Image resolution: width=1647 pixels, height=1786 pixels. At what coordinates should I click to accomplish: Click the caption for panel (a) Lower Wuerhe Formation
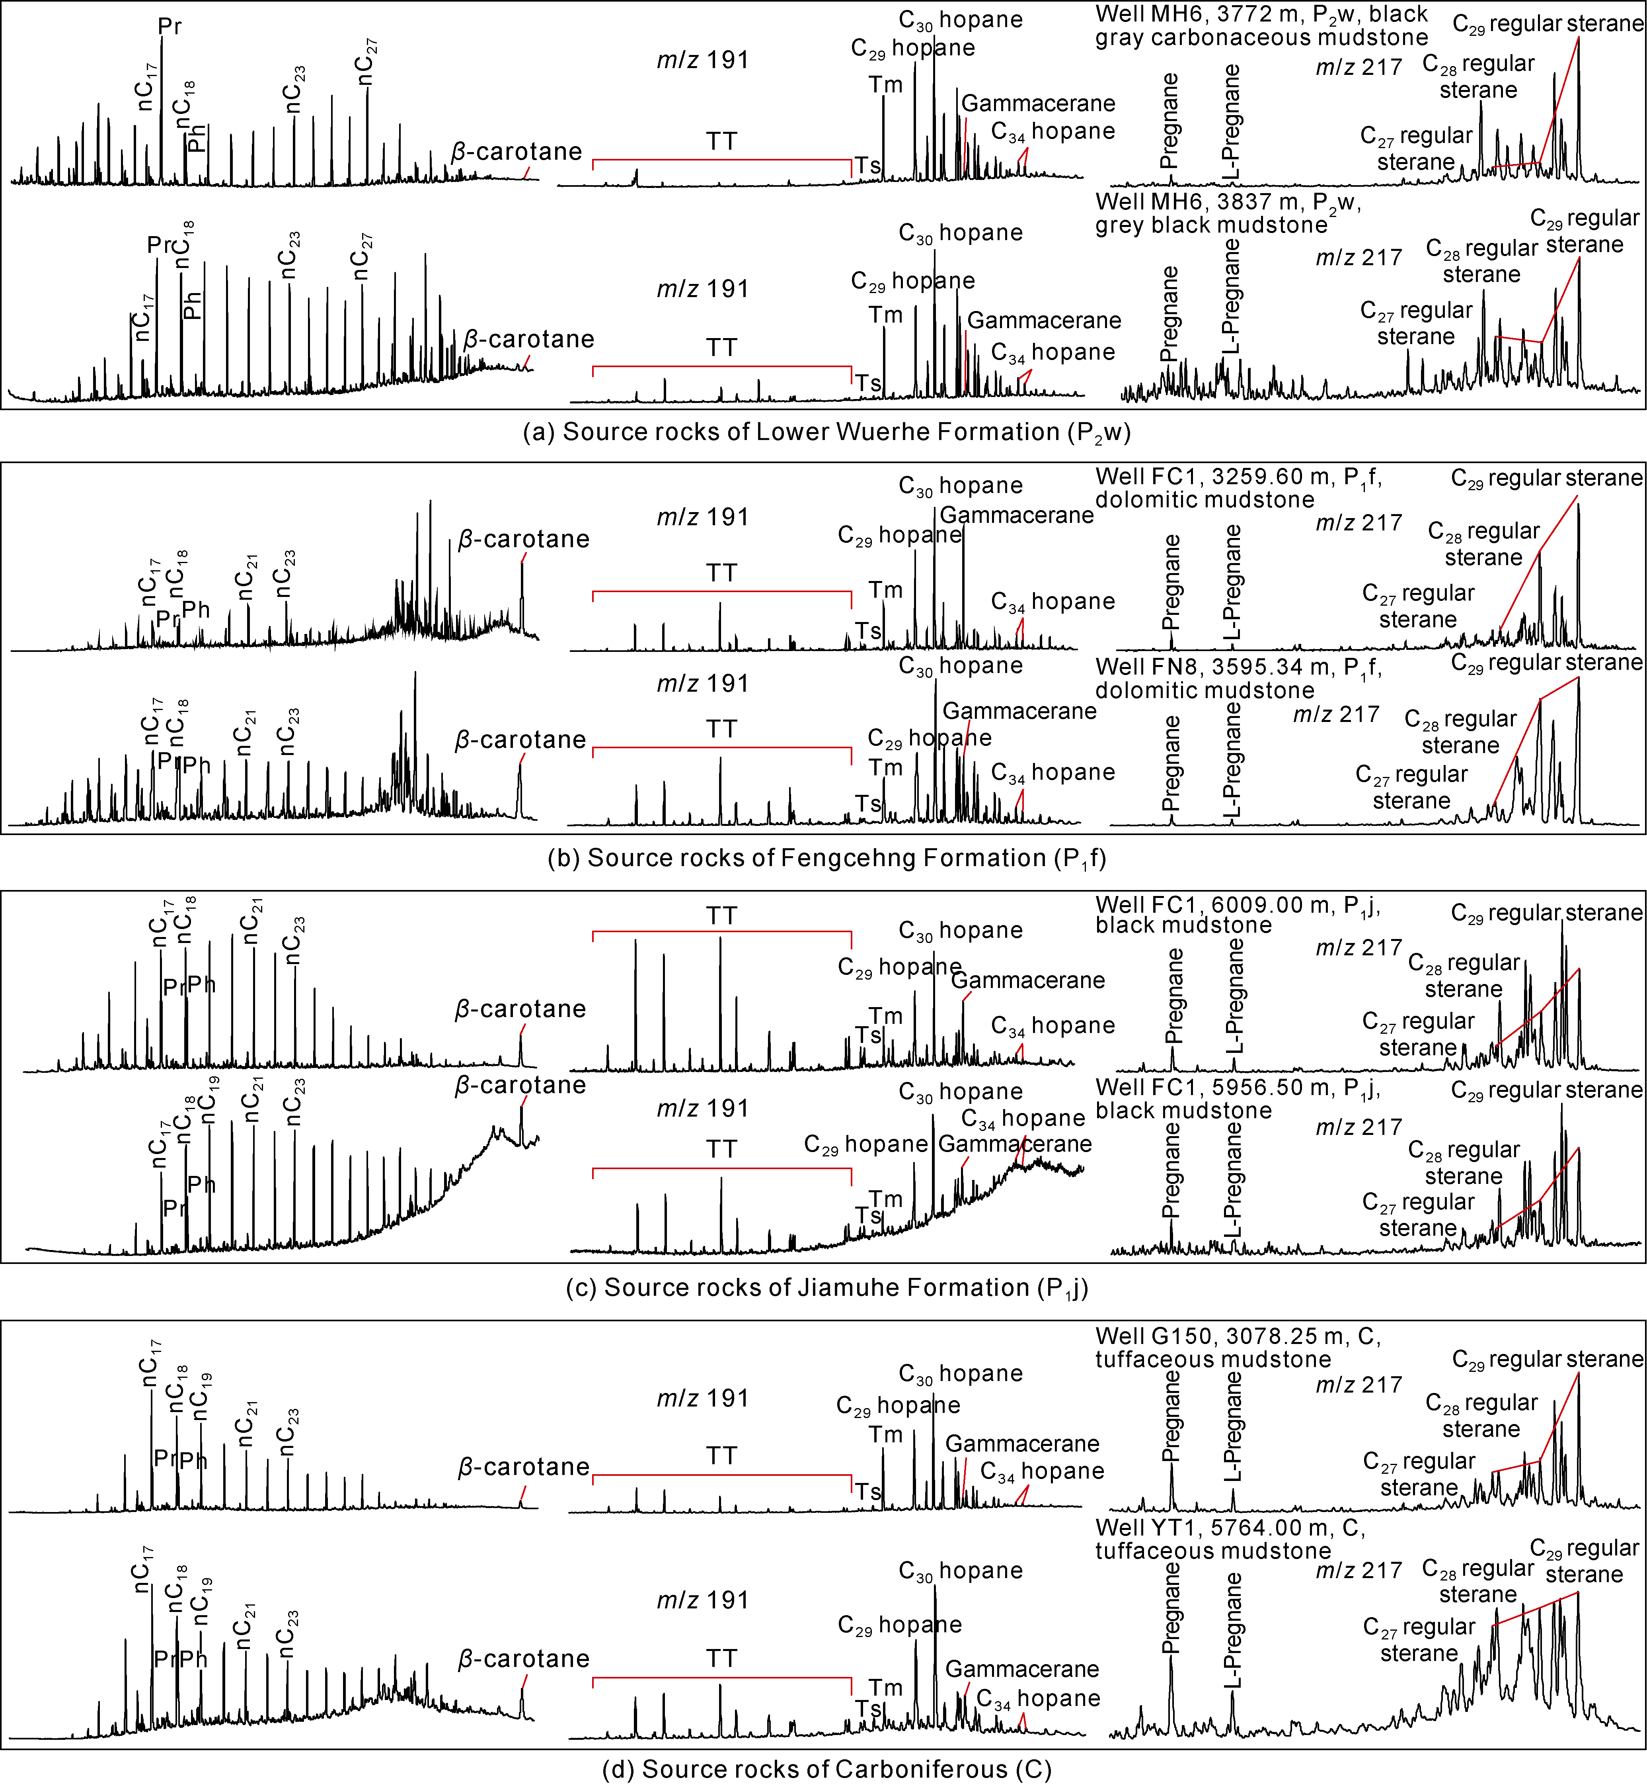pyautogui.click(x=826, y=432)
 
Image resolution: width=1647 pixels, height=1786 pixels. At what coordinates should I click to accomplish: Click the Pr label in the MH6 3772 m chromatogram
pyautogui.click(x=170, y=26)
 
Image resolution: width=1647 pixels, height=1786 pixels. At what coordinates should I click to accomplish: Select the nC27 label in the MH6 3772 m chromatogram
pyautogui.click(x=367, y=63)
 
